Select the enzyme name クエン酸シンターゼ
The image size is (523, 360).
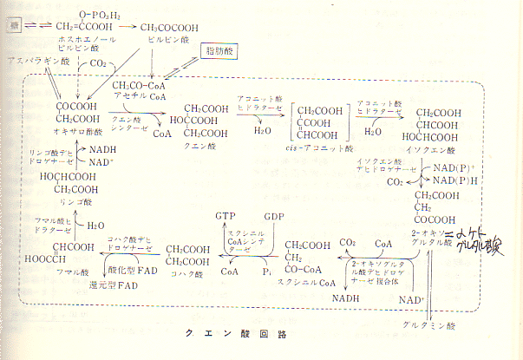(130, 122)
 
